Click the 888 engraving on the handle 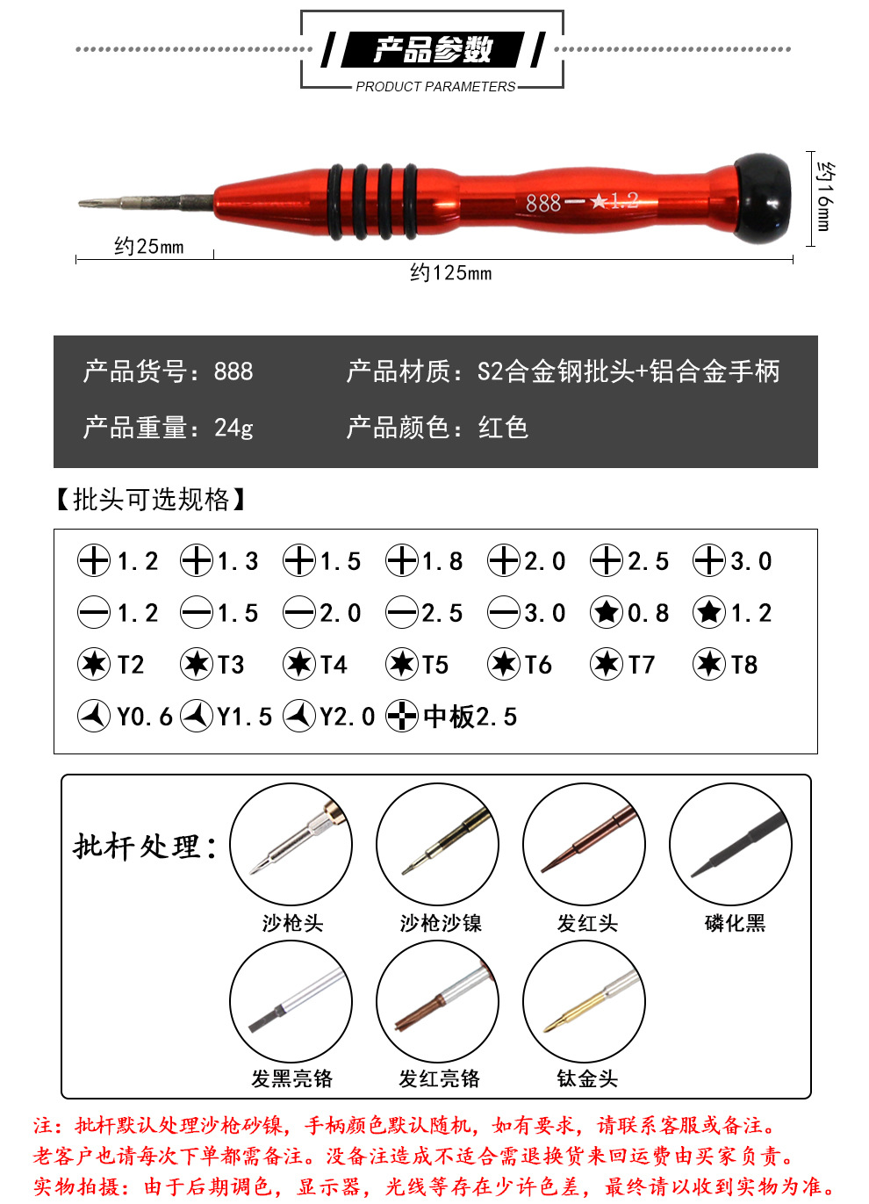click(543, 203)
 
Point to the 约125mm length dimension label click(450, 273)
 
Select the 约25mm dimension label click(148, 247)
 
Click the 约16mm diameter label click(825, 196)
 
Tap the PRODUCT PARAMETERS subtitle click(435, 86)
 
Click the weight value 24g click(233, 428)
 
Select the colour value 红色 click(503, 428)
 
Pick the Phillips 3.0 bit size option click(733, 561)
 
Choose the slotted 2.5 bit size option click(425, 613)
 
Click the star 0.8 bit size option click(630, 613)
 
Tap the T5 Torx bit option click(418, 665)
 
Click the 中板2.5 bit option click(452, 717)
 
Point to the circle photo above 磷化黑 click(730, 845)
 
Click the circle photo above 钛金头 click(584, 1001)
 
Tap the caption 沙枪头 click(292, 923)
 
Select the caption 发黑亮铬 click(291, 1078)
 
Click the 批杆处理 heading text click(144, 847)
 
